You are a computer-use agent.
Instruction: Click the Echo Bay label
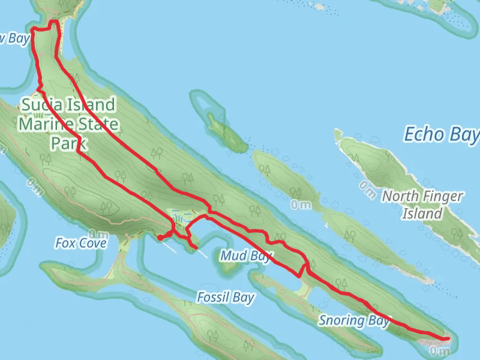pyautogui.click(x=442, y=134)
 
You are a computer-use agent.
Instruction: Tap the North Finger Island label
pyautogui.click(x=423, y=205)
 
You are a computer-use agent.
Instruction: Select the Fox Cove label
pyautogui.click(x=80, y=243)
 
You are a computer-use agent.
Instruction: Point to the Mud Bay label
pyautogui.click(x=247, y=256)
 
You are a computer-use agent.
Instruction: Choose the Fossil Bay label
pyautogui.click(x=226, y=298)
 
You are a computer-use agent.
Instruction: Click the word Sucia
pyautogui.click(x=41, y=105)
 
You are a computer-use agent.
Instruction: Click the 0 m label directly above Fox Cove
pyautogui.click(x=97, y=233)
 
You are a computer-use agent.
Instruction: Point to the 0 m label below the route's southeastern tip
pyautogui.click(x=440, y=350)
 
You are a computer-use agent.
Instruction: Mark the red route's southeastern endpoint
pyautogui.click(x=447, y=339)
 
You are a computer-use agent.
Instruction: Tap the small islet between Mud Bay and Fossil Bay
pyautogui.click(x=227, y=268)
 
